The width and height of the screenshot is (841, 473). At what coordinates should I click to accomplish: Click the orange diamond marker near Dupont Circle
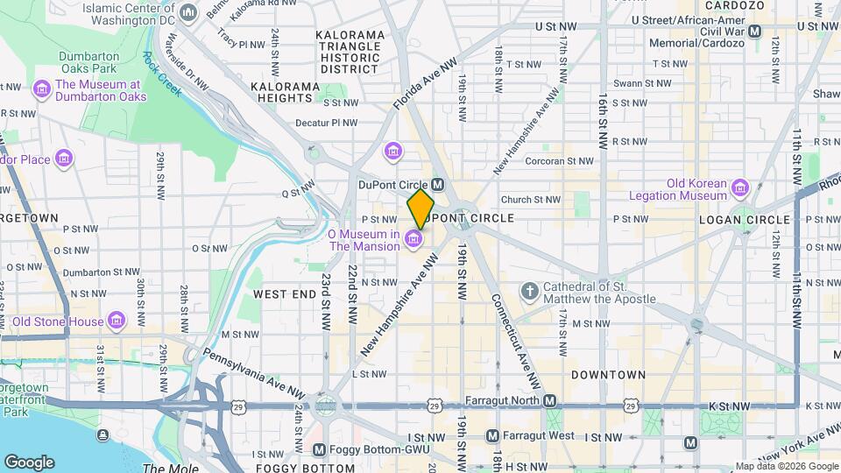point(420,208)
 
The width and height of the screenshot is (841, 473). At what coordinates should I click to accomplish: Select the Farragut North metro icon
point(549,401)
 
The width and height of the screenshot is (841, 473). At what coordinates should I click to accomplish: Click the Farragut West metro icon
point(492,435)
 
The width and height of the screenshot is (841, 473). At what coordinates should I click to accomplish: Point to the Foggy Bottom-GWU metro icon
point(319,449)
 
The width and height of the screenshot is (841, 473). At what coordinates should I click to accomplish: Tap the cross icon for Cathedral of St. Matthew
point(529,291)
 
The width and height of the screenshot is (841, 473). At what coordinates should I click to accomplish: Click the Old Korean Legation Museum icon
point(740,187)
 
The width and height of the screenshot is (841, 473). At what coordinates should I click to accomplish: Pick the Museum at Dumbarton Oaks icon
point(40,89)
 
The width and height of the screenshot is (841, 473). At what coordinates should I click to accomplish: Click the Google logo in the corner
point(29,462)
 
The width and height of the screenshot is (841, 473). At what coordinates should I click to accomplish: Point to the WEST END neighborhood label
point(285,294)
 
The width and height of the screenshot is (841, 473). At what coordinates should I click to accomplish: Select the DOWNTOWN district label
point(608,374)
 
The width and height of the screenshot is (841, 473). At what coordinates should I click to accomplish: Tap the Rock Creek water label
point(163,74)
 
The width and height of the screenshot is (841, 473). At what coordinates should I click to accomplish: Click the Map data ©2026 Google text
point(785,466)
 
